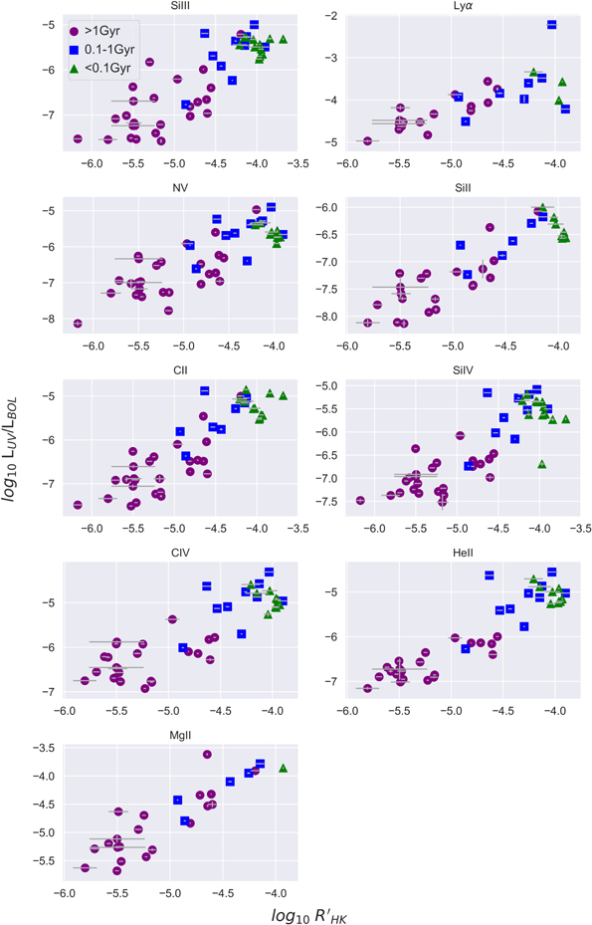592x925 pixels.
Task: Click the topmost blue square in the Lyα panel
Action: pyautogui.click(x=551, y=24)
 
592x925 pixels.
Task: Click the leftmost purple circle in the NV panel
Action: pyautogui.click(x=78, y=324)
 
